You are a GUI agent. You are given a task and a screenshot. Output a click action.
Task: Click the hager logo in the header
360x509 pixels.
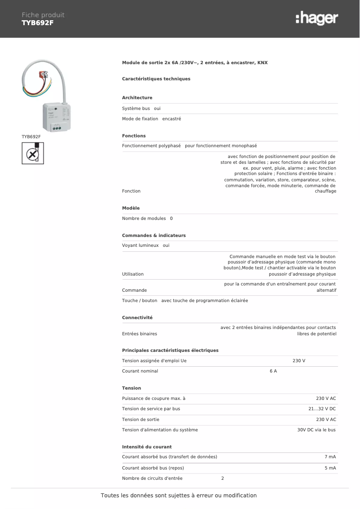316,18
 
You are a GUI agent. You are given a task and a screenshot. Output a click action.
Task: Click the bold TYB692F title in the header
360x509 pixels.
37,22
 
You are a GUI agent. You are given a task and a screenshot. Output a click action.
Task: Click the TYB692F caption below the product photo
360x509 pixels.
31,136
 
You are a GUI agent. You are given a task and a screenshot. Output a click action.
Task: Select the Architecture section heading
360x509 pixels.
137,98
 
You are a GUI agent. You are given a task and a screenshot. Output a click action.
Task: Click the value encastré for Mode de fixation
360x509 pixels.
171,119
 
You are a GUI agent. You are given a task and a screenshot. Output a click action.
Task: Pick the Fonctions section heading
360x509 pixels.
134,136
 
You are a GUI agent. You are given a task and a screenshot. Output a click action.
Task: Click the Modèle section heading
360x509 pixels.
131,208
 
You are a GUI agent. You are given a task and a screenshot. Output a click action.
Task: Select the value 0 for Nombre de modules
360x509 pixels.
171,219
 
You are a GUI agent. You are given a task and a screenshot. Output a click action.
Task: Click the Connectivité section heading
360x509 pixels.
137,318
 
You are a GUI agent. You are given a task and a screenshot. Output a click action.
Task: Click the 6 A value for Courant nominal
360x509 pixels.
273,371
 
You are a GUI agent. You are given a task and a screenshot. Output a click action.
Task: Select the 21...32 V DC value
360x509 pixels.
322,409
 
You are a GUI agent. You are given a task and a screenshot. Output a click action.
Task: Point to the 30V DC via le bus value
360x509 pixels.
316,430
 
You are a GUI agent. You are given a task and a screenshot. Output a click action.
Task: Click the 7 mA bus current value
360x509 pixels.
330,457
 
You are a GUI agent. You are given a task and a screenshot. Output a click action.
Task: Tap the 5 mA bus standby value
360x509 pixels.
330,468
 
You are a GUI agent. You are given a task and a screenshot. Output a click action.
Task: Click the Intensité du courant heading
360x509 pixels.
147,447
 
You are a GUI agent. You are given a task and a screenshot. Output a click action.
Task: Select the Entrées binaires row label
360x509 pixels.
140,334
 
